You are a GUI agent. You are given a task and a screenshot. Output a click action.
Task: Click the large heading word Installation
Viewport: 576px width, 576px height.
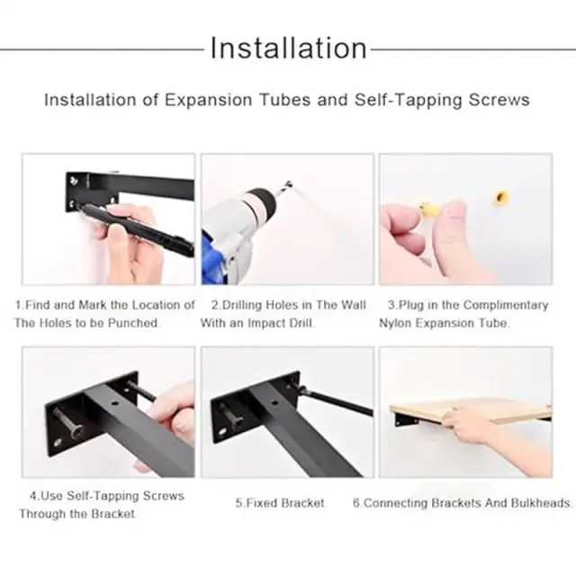click(x=288, y=48)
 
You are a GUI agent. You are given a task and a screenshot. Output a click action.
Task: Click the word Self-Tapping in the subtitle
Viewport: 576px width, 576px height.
click(x=407, y=100)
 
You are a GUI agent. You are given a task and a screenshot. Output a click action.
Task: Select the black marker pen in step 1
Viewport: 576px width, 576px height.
click(x=136, y=228)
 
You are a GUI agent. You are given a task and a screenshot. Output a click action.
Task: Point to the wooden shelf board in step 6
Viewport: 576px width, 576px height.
click(x=470, y=410)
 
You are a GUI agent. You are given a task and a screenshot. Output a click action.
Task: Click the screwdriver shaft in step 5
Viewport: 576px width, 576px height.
click(x=338, y=402)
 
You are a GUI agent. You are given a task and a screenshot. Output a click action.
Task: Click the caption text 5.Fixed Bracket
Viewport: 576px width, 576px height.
click(x=280, y=502)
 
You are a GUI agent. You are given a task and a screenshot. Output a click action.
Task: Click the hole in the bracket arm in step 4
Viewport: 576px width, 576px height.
click(x=115, y=403)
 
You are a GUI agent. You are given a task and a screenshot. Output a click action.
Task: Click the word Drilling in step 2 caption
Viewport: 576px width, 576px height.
click(x=237, y=305)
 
